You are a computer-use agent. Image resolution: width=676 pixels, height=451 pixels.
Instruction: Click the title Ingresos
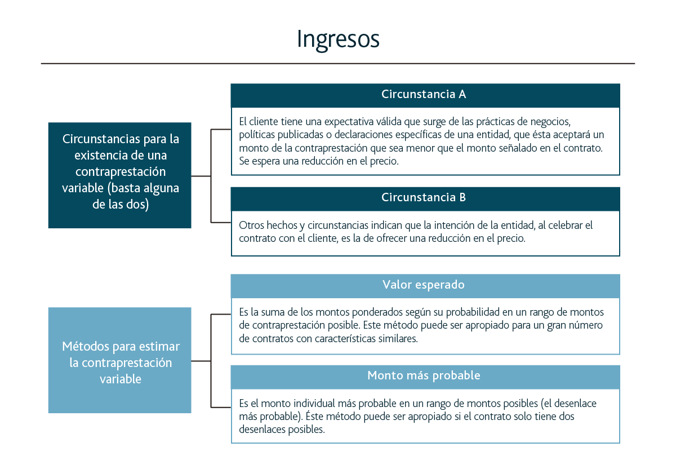click(338, 40)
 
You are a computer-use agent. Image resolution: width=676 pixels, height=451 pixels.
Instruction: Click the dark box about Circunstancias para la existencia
click(120, 175)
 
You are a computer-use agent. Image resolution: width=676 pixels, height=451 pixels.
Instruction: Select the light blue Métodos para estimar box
click(120, 360)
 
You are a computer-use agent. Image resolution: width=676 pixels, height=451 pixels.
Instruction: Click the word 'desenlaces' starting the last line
click(263, 429)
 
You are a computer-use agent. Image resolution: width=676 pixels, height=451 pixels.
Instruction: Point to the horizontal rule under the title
click(338, 64)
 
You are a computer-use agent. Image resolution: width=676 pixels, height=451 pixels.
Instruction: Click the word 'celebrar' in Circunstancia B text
click(566, 225)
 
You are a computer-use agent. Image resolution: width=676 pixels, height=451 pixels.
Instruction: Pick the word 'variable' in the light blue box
click(121, 379)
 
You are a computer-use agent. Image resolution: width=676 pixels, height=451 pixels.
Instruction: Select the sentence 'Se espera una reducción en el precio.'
click(319, 161)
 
